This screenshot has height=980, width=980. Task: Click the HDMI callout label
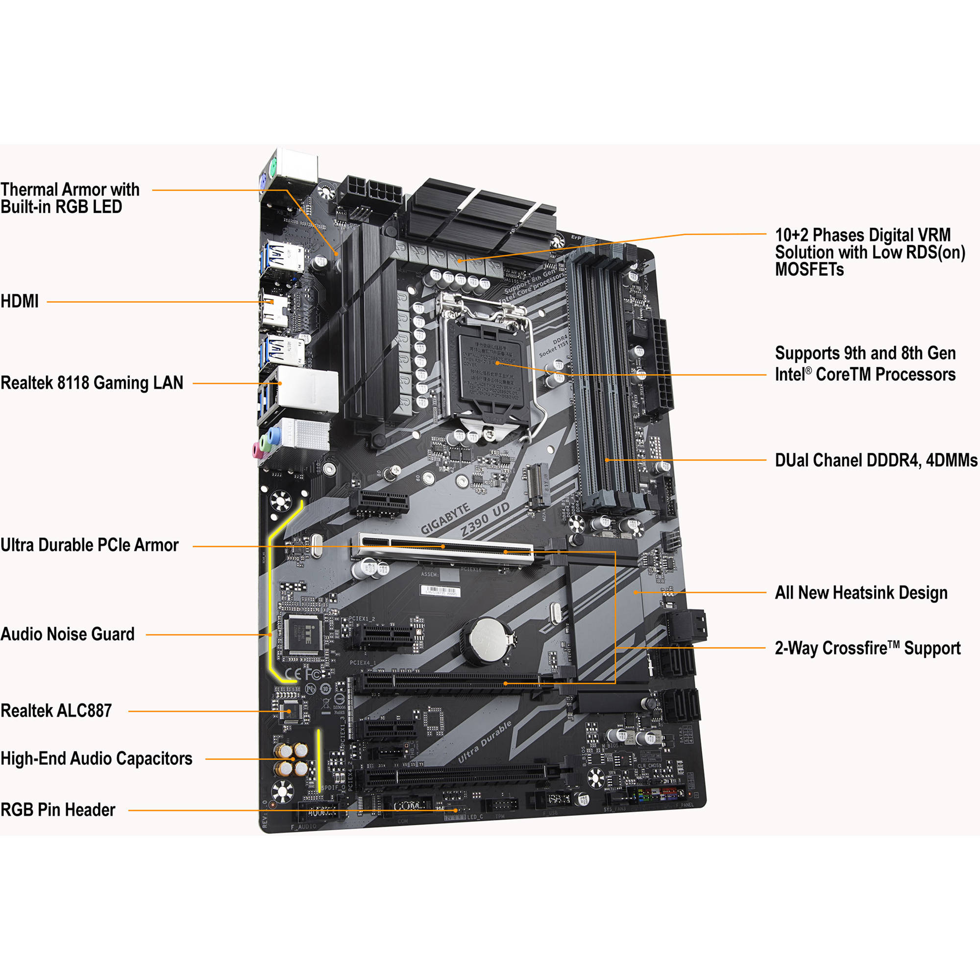[20, 301]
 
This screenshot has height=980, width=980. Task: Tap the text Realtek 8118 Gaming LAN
[92, 383]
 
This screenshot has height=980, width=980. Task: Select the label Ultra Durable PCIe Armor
[89, 545]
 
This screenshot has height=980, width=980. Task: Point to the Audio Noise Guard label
[68, 634]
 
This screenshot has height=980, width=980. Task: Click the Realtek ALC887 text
[56, 710]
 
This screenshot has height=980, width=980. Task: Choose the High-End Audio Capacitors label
[97, 759]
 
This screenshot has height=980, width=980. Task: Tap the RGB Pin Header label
[58, 810]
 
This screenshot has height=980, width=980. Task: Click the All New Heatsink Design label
[861, 592]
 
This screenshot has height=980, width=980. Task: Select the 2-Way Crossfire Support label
[867, 648]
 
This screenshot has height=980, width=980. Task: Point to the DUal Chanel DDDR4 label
[876, 461]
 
